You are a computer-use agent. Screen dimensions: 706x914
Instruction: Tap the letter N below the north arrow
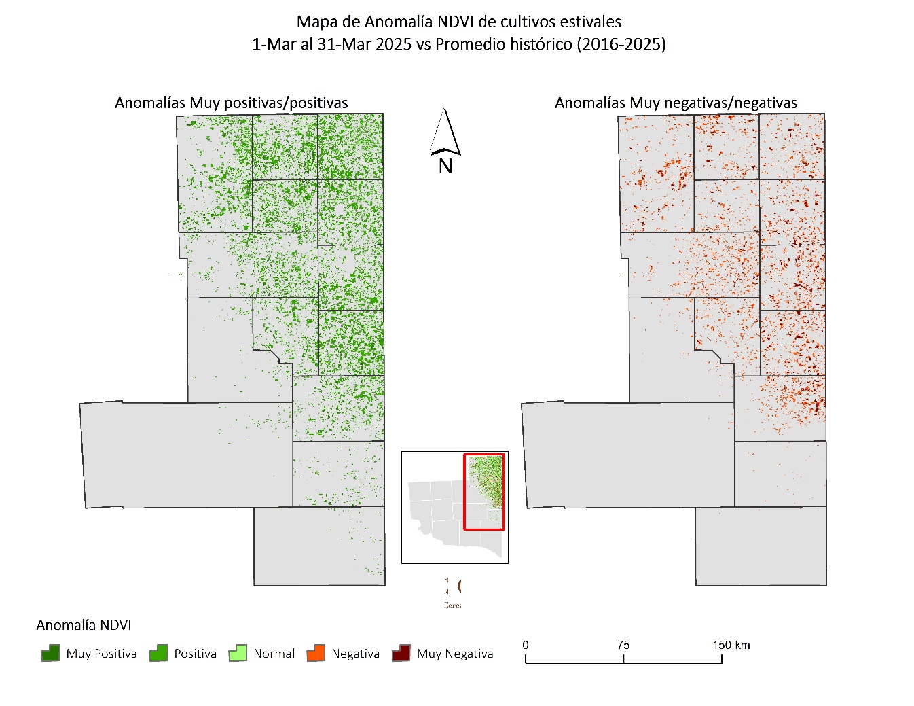click(445, 166)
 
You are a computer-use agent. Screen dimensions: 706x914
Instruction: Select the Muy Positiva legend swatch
click(50, 654)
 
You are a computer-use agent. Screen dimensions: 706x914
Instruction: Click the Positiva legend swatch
click(158, 654)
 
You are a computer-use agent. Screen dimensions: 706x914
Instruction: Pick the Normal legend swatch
click(238, 654)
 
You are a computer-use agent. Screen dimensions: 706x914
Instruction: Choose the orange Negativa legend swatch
click(316, 654)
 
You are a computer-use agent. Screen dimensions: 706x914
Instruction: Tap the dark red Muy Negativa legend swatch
click(401, 654)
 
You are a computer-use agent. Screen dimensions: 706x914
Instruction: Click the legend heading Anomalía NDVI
click(84, 625)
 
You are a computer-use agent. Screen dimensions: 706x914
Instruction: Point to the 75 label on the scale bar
click(623, 645)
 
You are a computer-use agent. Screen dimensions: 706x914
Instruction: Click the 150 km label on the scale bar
click(731, 645)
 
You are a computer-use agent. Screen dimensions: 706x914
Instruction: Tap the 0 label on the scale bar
click(526, 645)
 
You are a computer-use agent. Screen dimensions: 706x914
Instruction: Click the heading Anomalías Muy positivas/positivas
click(232, 103)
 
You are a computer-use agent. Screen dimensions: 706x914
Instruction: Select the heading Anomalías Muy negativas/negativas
click(676, 103)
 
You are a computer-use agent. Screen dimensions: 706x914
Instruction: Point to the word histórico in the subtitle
click(541, 44)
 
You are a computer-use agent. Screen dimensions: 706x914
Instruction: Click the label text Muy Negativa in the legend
click(455, 654)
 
